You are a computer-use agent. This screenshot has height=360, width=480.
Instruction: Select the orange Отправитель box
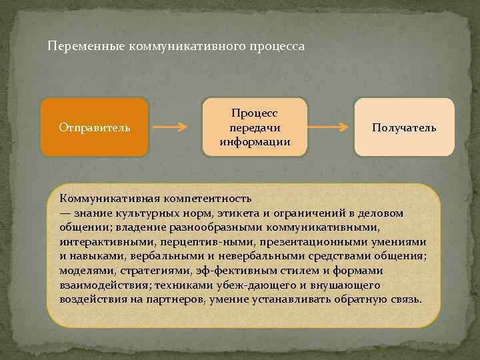click(94, 127)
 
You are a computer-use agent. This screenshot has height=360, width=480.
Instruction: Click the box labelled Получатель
click(405, 127)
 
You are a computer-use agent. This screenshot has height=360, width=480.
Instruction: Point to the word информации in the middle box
click(255, 141)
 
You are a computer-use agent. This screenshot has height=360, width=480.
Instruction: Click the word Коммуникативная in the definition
click(102, 198)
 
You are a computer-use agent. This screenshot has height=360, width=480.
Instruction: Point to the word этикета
click(254, 213)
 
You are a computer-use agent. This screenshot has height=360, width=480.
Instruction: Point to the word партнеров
click(177, 299)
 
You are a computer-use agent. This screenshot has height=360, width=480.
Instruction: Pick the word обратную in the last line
click(363, 299)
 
